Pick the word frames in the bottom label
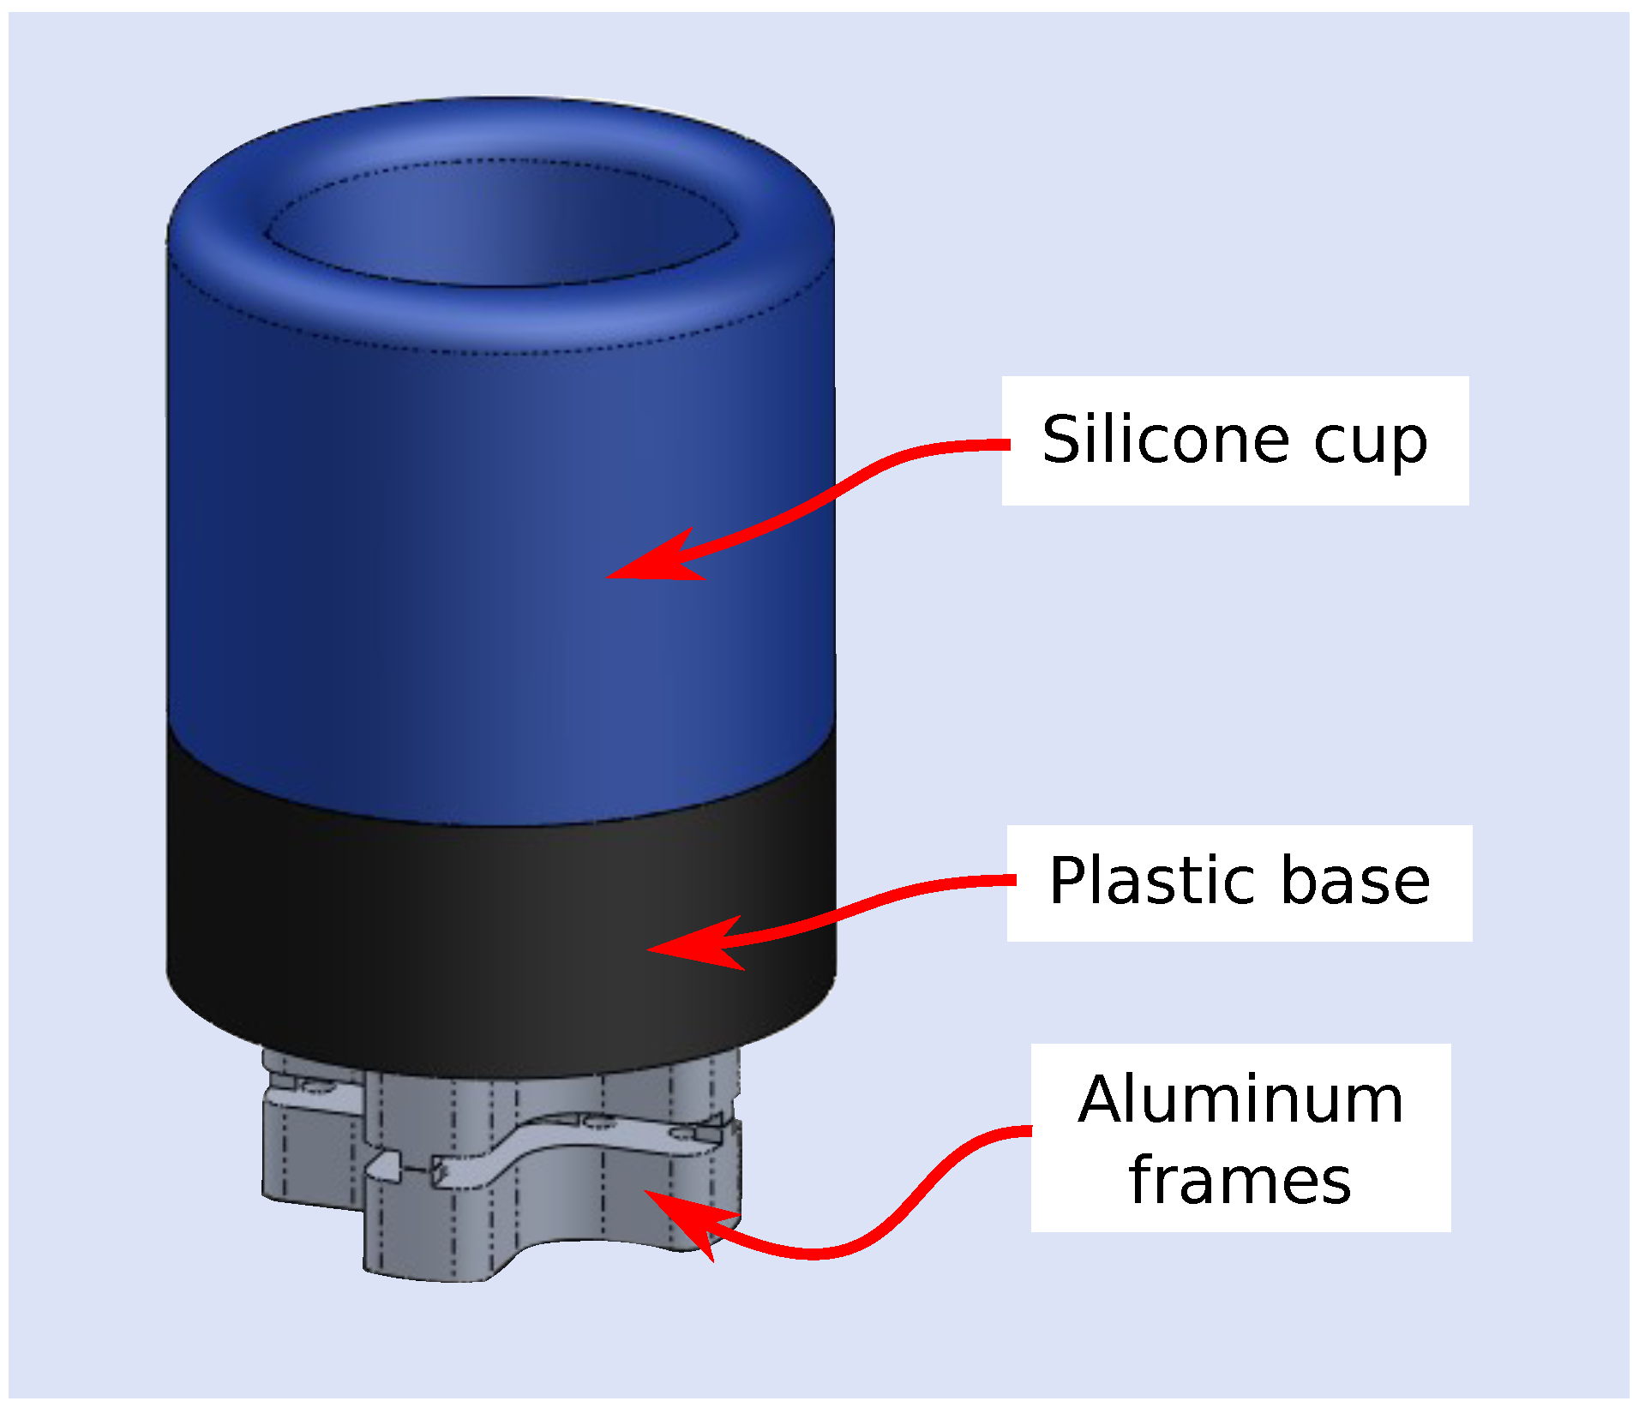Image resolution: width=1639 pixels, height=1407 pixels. (1240, 1181)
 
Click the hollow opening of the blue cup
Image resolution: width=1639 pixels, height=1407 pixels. (501, 227)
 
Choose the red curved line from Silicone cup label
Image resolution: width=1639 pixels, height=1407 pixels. (857, 480)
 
